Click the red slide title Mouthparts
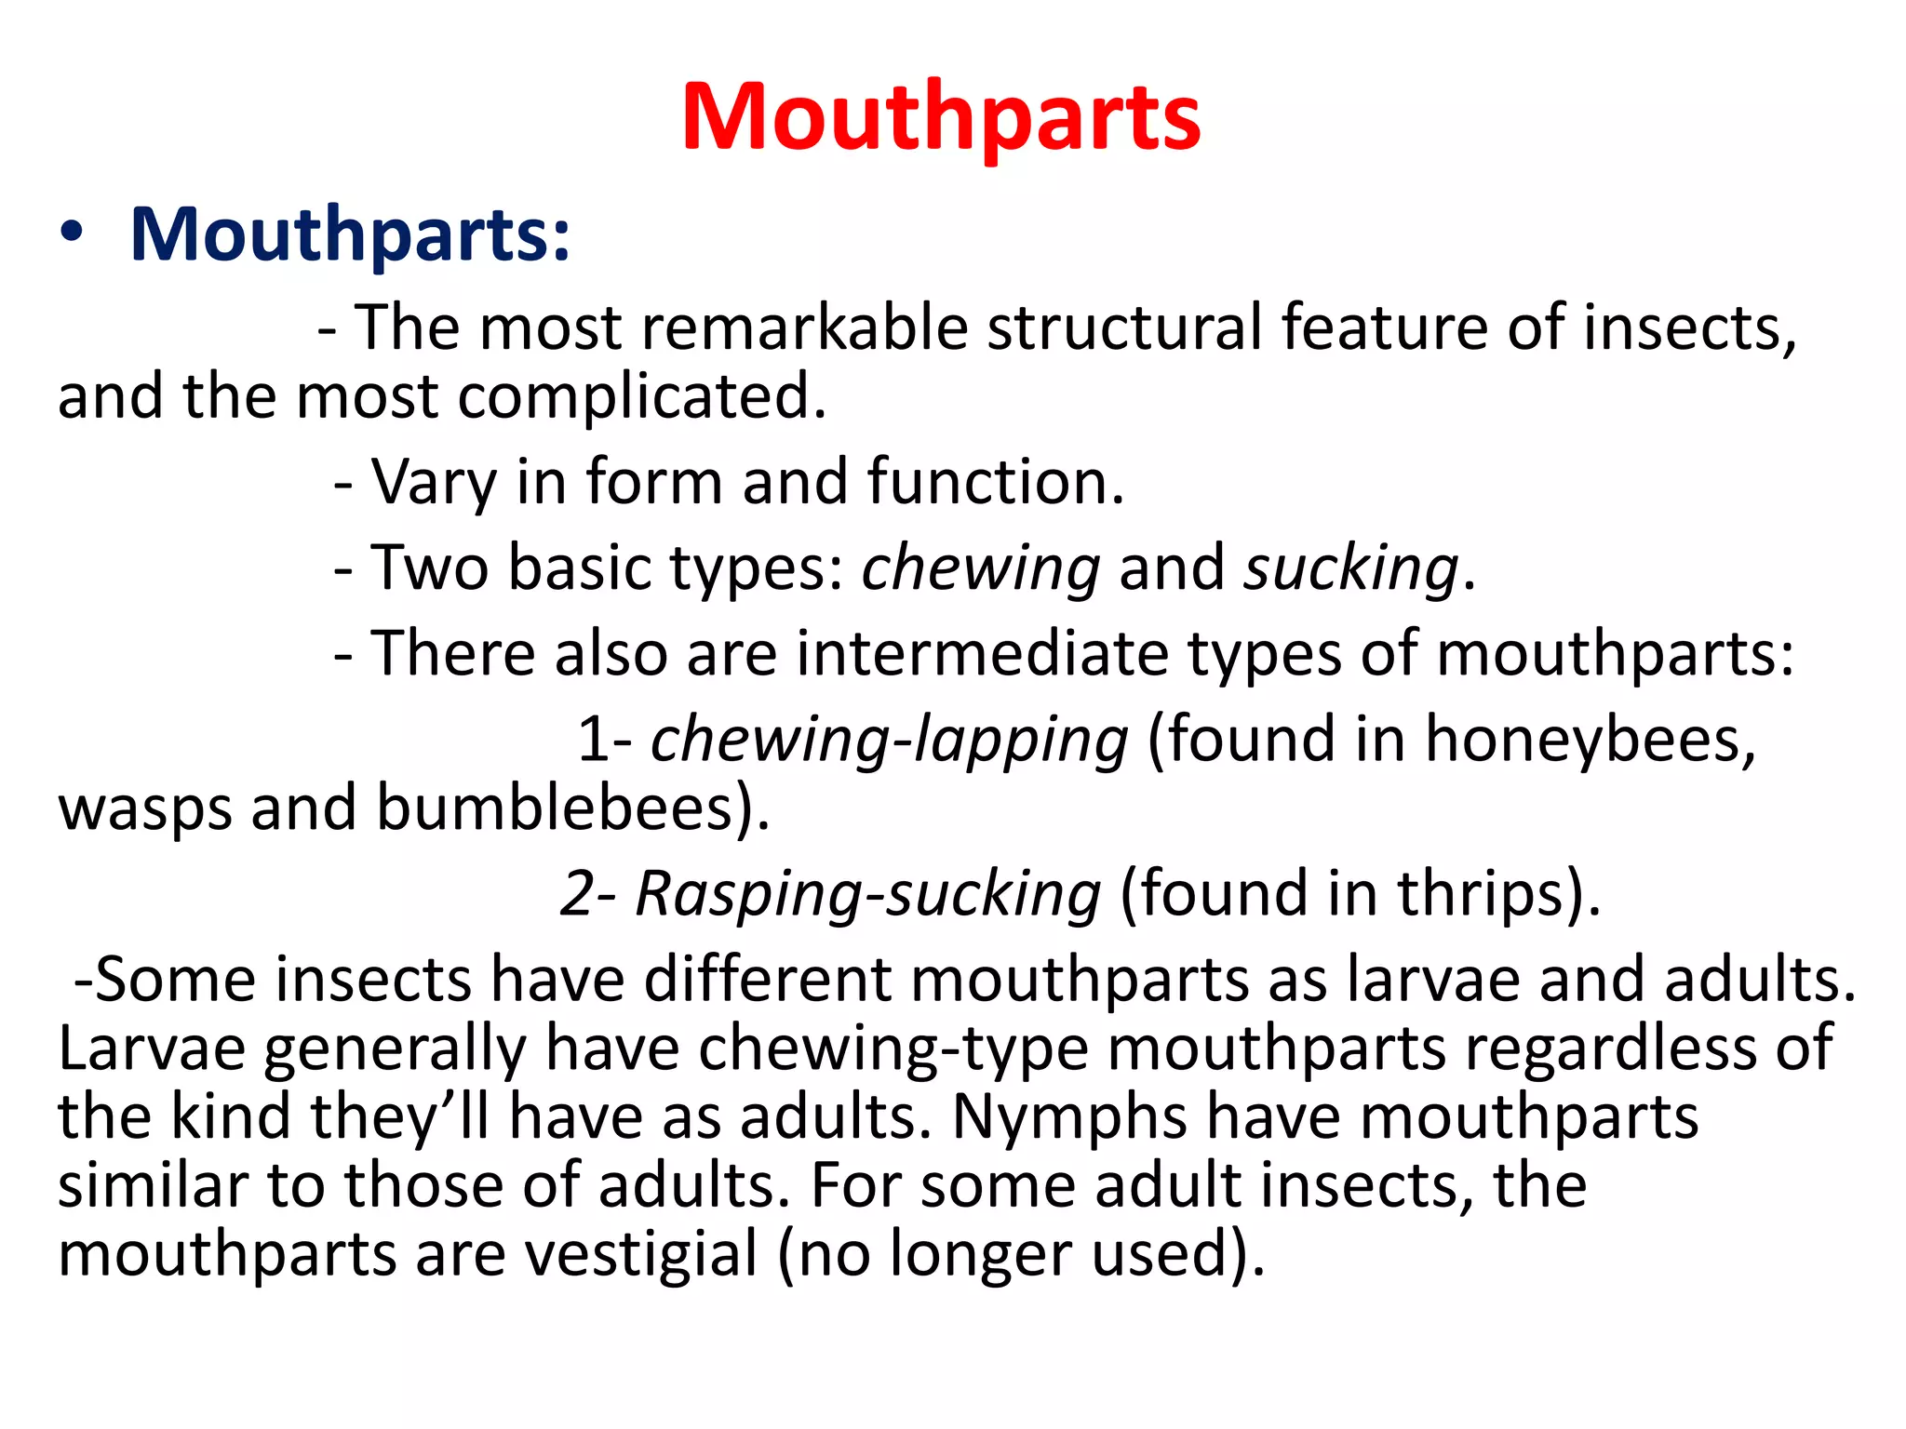(x=941, y=117)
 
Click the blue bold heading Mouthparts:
(x=350, y=234)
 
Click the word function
(x=995, y=483)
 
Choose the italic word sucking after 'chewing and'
(x=1350, y=568)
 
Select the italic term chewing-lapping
(x=889, y=741)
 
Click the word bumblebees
(x=571, y=808)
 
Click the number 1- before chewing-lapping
(x=605, y=741)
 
